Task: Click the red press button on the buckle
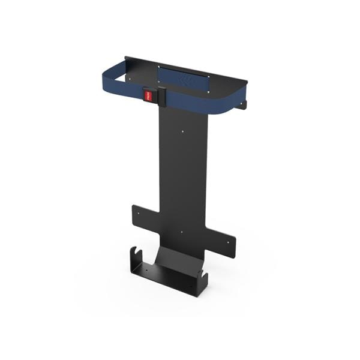coord(147,94)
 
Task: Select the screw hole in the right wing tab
coord(229,243)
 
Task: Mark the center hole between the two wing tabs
coord(181,231)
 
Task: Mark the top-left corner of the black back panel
coord(126,58)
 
